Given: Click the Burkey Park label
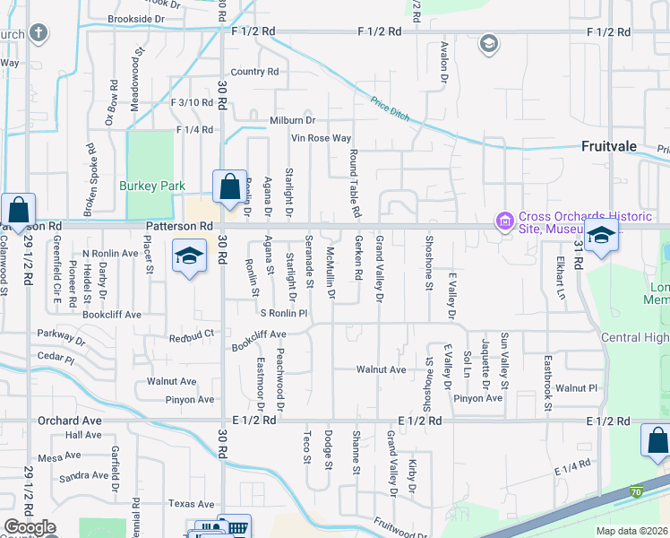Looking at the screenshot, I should tap(152, 187).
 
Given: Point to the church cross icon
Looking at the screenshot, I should tap(38, 34).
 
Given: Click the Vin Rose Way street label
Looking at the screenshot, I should tap(321, 138).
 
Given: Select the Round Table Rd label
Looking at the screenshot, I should tap(356, 183).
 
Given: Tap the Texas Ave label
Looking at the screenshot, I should tap(192, 504).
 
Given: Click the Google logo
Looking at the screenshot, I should tap(30, 527).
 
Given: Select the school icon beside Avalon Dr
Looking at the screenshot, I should tap(488, 43).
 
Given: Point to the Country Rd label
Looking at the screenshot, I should tap(254, 72).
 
